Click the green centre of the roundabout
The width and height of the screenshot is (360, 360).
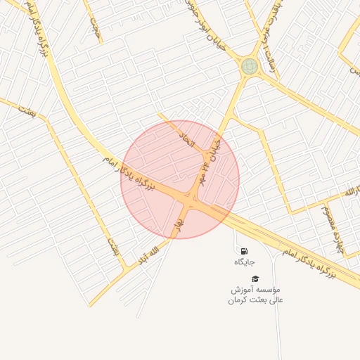(249, 66)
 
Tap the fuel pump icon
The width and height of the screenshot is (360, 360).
(243, 250)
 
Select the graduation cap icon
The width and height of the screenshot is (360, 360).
(255, 278)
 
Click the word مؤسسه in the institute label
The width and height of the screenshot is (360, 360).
(266, 290)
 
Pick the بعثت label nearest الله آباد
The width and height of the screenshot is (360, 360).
(112, 246)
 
